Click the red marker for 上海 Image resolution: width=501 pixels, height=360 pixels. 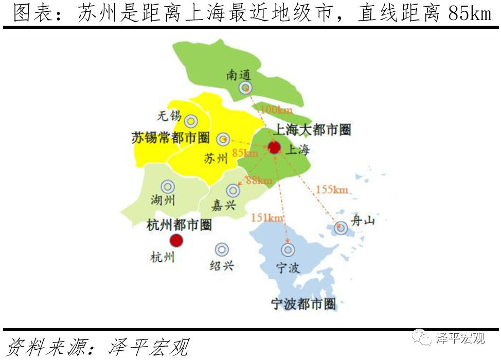274,148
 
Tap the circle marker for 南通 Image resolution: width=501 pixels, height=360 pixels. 245,88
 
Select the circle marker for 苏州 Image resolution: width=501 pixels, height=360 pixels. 223,139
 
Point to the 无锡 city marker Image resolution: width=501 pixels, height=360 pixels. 191,121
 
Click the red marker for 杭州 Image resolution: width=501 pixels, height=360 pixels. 176,240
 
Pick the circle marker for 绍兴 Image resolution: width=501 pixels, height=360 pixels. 222,249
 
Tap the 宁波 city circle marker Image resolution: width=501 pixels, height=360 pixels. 288,250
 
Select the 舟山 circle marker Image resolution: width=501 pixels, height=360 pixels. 341,227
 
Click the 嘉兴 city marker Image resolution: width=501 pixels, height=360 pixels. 233,190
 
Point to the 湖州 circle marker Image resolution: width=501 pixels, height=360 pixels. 168,187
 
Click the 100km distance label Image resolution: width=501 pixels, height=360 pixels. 276,110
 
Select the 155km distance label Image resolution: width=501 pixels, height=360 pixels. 332,190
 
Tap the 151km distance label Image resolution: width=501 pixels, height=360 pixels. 267,218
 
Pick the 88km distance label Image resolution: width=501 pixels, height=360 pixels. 259,180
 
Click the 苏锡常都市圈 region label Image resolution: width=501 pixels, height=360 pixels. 170,137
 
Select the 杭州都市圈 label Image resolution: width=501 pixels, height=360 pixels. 179,225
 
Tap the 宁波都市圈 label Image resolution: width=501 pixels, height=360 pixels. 303,304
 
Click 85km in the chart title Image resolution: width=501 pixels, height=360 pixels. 470,14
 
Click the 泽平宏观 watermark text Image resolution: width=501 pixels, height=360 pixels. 460,338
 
